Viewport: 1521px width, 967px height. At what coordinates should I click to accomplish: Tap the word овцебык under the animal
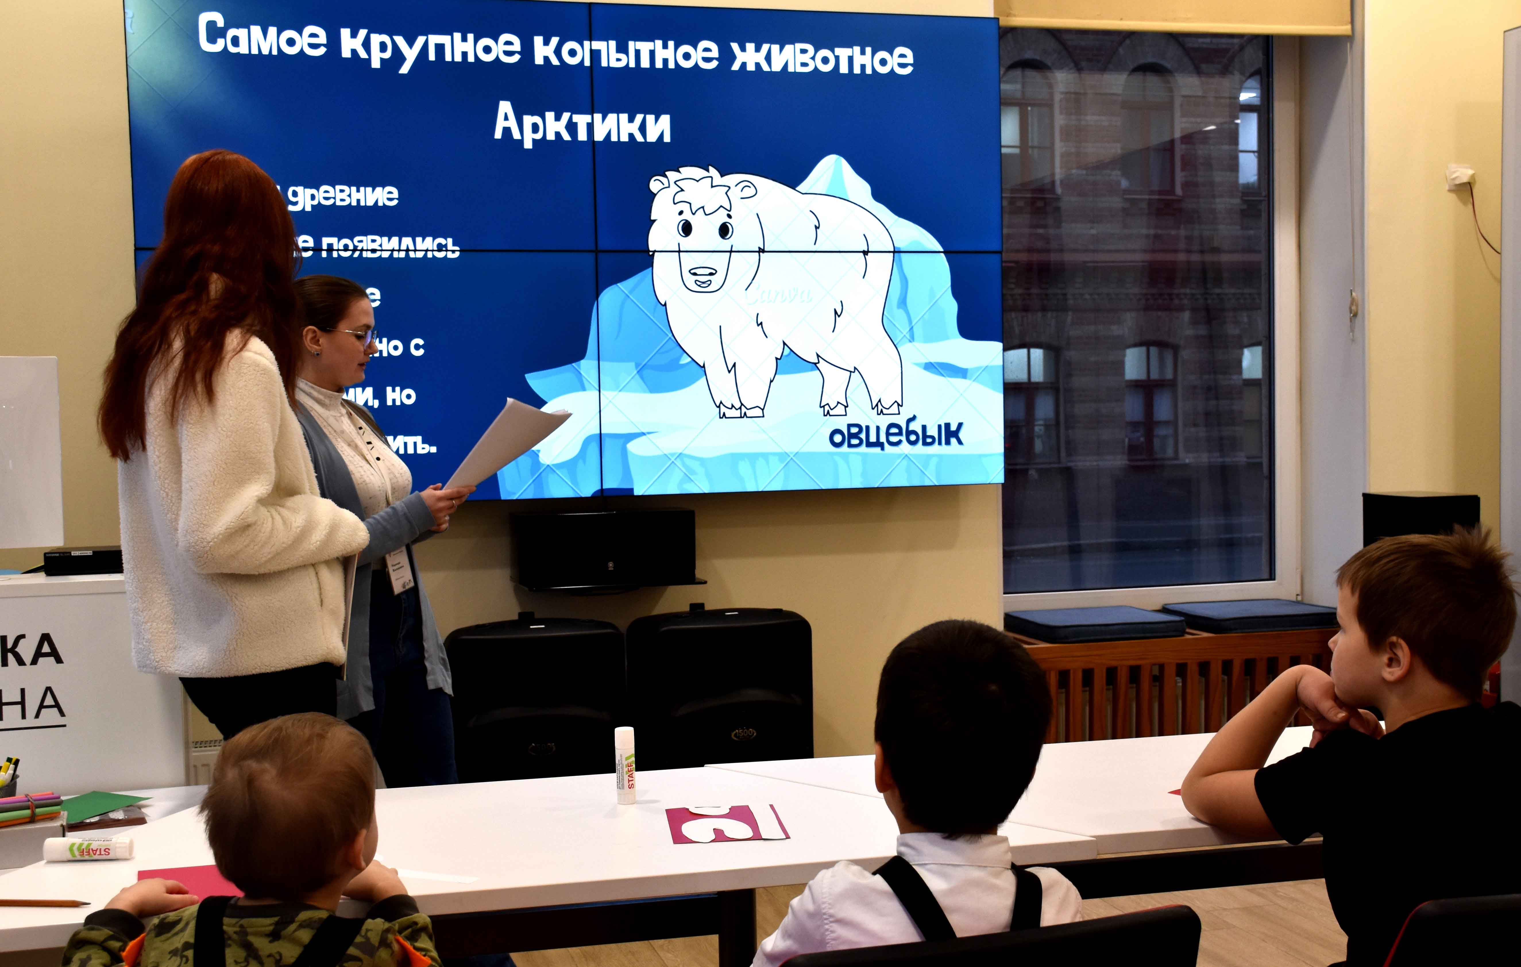coord(896,435)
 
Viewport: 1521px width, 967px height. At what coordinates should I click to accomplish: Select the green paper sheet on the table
coord(104,806)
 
